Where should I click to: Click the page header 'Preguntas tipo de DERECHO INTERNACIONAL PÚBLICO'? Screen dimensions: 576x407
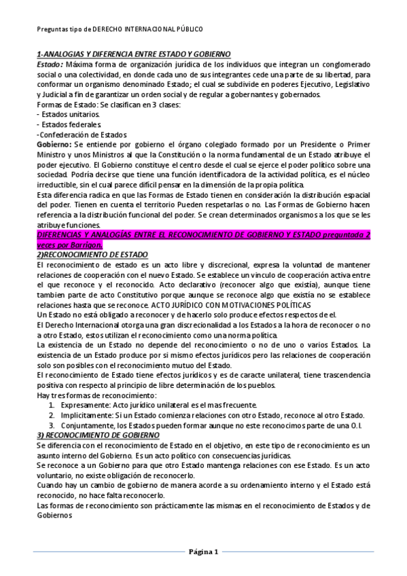[120, 29]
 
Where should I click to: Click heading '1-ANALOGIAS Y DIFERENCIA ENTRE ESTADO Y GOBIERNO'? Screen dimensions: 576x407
[133, 54]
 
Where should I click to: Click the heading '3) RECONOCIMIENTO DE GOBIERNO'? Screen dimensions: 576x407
[98, 435]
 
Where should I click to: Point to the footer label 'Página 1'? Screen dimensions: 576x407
[203, 552]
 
